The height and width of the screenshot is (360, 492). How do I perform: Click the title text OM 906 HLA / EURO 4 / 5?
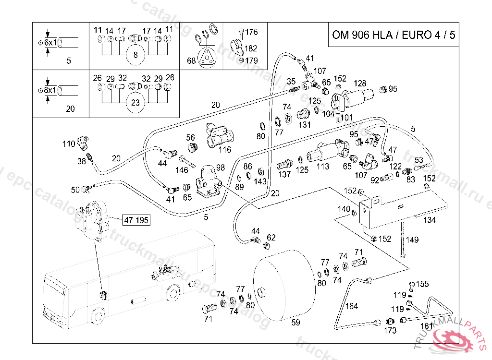point(394,35)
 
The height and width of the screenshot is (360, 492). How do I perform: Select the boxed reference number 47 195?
point(136,220)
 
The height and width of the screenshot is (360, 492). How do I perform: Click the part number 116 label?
point(224,150)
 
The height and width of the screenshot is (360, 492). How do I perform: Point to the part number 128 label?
point(360,84)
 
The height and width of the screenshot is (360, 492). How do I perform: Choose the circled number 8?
point(135,55)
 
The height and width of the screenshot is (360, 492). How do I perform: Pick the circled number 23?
point(135,102)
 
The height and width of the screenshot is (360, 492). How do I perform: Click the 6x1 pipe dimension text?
point(50,43)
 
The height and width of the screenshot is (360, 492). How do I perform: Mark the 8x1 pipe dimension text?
point(50,90)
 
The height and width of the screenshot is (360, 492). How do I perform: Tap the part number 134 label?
point(430,220)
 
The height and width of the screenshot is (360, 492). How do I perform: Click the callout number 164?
point(352,306)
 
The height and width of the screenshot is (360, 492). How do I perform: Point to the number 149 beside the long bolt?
point(412,240)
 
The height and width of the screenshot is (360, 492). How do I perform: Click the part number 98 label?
point(221,167)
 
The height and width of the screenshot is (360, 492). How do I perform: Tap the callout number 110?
point(69,144)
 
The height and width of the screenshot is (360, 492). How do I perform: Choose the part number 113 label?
point(323,167)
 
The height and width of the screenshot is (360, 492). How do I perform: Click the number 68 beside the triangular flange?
point(191,61)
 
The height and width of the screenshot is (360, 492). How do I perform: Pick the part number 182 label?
point(251,48)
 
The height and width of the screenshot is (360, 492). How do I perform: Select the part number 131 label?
point(305,125)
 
